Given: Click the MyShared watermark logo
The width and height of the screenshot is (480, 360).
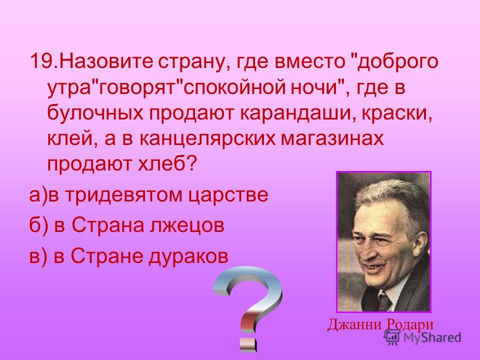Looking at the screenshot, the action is click(423, 337).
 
